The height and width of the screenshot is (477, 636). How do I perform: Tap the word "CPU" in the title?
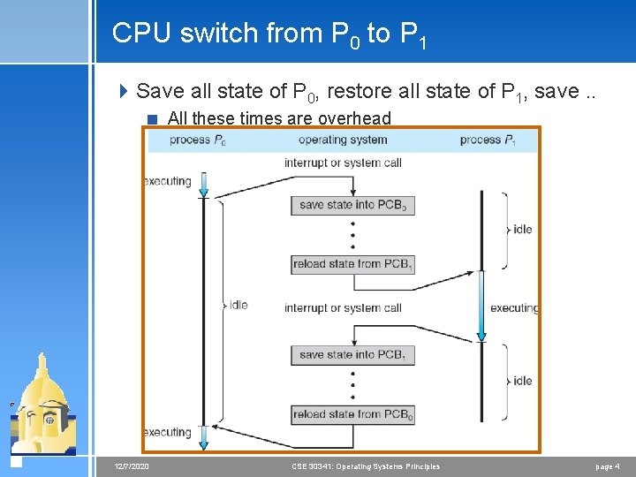point(142,34)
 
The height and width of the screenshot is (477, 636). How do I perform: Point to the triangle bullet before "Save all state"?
point(125,91)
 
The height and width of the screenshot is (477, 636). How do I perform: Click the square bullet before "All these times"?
point(154,119)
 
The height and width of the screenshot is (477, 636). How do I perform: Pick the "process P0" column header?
point(196,140)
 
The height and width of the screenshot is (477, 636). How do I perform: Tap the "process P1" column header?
point(488,140)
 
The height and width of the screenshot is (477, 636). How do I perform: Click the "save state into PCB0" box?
point(352,205)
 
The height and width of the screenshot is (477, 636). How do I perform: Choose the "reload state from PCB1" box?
point(352,263)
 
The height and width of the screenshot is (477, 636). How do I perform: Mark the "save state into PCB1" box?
point(352,354)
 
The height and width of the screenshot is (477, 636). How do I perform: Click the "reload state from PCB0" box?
point(352,413)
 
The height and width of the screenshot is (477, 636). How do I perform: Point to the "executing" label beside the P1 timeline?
point(513,308)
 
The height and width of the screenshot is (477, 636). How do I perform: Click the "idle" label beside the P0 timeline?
point(238,305)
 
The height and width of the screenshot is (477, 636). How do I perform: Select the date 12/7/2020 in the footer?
point(132,466)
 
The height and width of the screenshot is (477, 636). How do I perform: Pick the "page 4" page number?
point(607,466)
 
